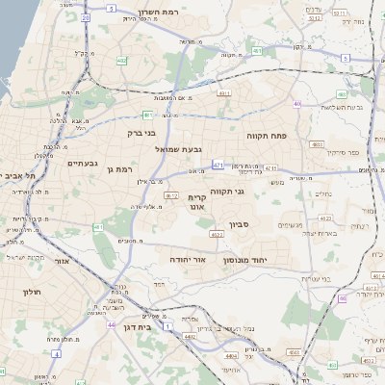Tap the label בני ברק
click(x=141, y=134)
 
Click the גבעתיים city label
click(x=83, y=164)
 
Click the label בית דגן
click(x=139, y=327)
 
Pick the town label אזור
click(x=63, y=261)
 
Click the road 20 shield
click(x=86, y=17)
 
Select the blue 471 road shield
click(x=218, y=165)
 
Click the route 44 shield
click(x=112, y=325)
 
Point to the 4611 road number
click(x=224, y=92)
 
